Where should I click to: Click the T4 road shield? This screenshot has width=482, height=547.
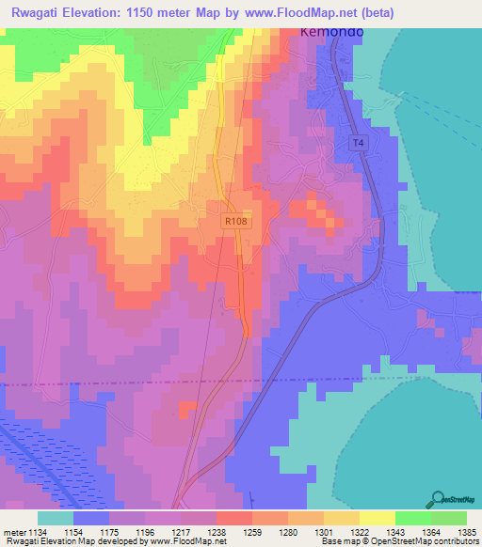(357, 143)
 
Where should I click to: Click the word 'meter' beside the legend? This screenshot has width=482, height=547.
(16, 531)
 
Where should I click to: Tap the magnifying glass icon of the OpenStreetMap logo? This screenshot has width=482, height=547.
(438, 498)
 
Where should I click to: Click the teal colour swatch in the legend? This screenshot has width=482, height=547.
(55, 518)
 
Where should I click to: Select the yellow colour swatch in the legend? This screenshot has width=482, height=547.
(377, 518)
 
